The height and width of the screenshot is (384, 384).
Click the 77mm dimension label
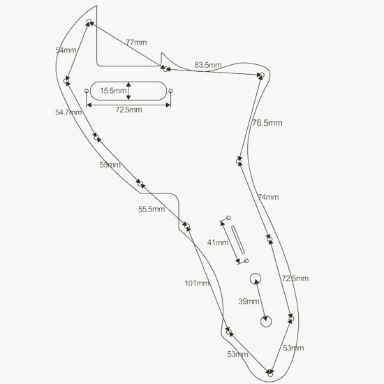tap(136, 43)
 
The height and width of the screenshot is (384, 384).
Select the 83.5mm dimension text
tap(208, 65)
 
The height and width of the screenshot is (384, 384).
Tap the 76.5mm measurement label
tap(267, 123)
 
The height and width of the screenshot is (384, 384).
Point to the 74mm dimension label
tap(268, 197)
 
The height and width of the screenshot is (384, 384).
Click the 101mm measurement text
tap(197, 283)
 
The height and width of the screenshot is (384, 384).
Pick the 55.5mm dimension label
tap(152, 209)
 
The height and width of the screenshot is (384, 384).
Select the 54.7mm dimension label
tap(68, 112)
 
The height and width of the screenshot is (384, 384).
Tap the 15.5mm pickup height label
tap(113, 91)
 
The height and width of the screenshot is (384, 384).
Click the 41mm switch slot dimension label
tap(218, 242)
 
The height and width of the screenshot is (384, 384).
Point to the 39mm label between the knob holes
tap(249, 301)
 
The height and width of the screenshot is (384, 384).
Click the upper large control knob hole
tap(256, 279)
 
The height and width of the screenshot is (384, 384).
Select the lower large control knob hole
tap(266, 321)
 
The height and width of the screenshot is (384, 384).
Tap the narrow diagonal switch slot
tap(238, 239)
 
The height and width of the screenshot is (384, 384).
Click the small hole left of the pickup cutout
tap(87, 91)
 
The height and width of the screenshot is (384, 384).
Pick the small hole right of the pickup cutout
tap(170, 91)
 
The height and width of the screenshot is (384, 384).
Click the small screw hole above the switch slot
tap(229, 217)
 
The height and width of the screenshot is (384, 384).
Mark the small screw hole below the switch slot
tap(246, 260)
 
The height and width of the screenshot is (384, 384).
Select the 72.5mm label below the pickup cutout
tap(129, 110)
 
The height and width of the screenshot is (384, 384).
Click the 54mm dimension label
tap(66, 50)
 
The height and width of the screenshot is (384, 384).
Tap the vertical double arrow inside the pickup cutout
tap(128, 91)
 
